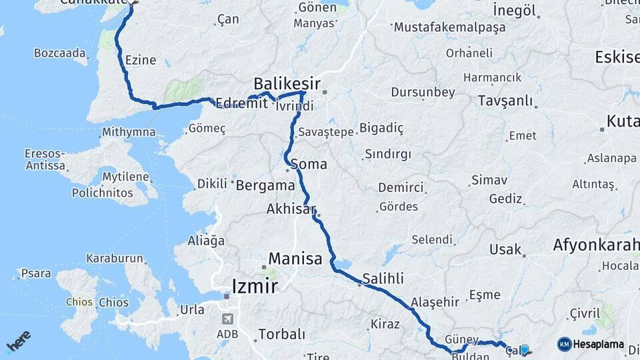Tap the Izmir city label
click(x=254, y=287)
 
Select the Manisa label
click(x=295, y=259)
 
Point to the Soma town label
click(x=309, y=163)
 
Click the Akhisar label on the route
click(x=291, y=209)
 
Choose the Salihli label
click(x=383, y=278)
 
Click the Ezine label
click(x=141, y=60)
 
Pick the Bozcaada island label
click(x=60, y=52)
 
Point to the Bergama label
click(x=266, y=185)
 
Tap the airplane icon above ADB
click(x=228, y=318)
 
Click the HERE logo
click(x=18, y=341)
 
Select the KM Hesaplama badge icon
click(x=564, y=344)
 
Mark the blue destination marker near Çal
click(x=525, y=349)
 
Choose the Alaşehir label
click(x=435, y=302)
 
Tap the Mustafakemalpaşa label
click(x=450, y=27)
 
